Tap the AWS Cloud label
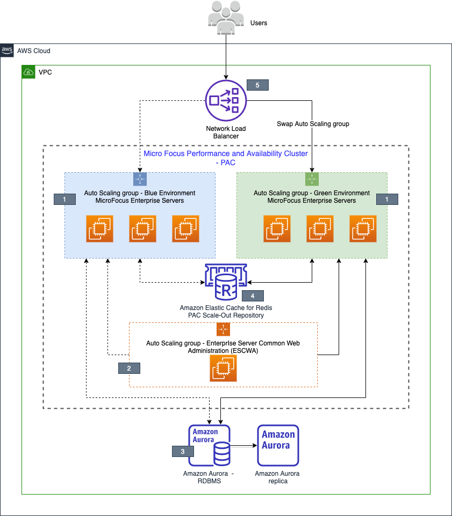point(33,51)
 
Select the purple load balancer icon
point(226,100)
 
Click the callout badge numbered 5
point(257,85)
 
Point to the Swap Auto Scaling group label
point(313,124)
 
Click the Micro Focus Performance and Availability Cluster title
point(226,157)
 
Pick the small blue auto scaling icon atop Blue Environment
point(140,179)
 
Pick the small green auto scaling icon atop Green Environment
point(312,179)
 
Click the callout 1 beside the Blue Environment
point(64,199)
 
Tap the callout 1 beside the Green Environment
point(387,199)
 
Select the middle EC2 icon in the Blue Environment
point(142,229)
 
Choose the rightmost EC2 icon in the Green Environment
point(363,229)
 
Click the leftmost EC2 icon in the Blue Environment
point(100,229)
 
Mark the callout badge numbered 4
point(253,296)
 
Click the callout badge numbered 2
point(129,368)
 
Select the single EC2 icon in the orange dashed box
point(223,368)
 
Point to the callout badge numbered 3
point(183,452)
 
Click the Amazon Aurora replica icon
point(278,445)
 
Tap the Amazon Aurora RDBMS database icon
point(210,445)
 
